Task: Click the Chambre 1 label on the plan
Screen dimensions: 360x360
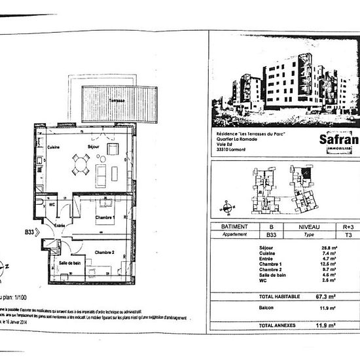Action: tap(105, 217)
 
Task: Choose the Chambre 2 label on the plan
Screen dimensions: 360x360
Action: tap(104, 253)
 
